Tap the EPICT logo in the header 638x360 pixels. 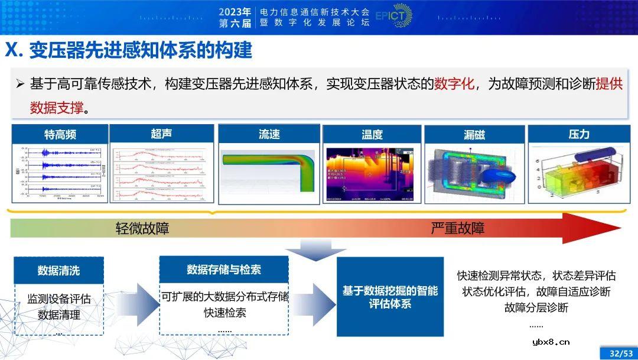click(393, 16)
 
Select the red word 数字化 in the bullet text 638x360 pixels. click(454, 83)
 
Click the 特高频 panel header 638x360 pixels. click(60, 135)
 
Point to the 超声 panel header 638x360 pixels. click(161, 134)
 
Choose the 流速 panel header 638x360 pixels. click(269, 134)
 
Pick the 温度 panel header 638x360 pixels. click(372, 135)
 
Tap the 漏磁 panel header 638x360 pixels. click(474, 135)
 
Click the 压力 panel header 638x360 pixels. click(578, 134)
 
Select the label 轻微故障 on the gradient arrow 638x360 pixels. click(142, 228)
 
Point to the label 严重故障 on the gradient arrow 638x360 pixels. click(457, 228)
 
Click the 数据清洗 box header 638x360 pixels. click(58, 271)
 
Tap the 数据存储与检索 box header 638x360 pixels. click(224, 270)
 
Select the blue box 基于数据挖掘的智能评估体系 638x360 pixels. click(390, 297)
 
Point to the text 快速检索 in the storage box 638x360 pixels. click(224, 313)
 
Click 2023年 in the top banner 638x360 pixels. click(235, 11)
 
